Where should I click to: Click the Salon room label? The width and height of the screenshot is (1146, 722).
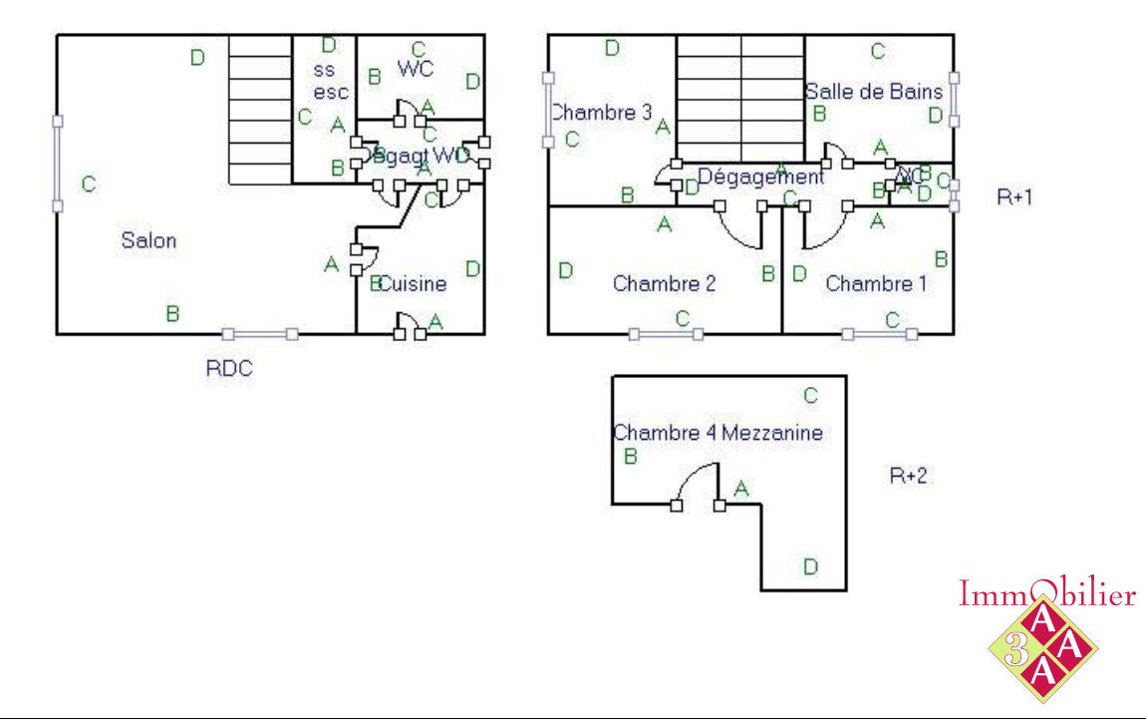point(148,240)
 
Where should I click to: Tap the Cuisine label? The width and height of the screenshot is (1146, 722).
point(414,284)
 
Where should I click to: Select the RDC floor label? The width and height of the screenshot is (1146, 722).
point(229,368)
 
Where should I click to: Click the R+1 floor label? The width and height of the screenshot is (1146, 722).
point(1014,197)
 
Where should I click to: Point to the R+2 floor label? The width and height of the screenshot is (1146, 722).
point(908,476)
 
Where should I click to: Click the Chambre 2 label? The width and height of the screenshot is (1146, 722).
point(664,284)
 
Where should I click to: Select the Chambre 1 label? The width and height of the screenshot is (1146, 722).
point(876,284)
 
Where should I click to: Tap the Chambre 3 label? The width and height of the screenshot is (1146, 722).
point(601,113)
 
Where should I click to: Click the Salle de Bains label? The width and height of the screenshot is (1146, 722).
point(874,92)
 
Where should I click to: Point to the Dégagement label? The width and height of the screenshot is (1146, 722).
point(760,177)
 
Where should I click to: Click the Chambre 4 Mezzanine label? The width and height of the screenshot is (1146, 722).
point(717,433)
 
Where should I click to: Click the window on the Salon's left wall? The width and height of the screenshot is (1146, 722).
point(57,164)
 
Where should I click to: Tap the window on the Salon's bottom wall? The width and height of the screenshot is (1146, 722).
point(260,334)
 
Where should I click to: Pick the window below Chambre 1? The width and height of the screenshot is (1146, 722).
point(879,334)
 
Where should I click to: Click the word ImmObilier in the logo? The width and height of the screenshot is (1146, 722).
point(1046,595)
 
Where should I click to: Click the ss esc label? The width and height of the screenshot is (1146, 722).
point(330,82)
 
